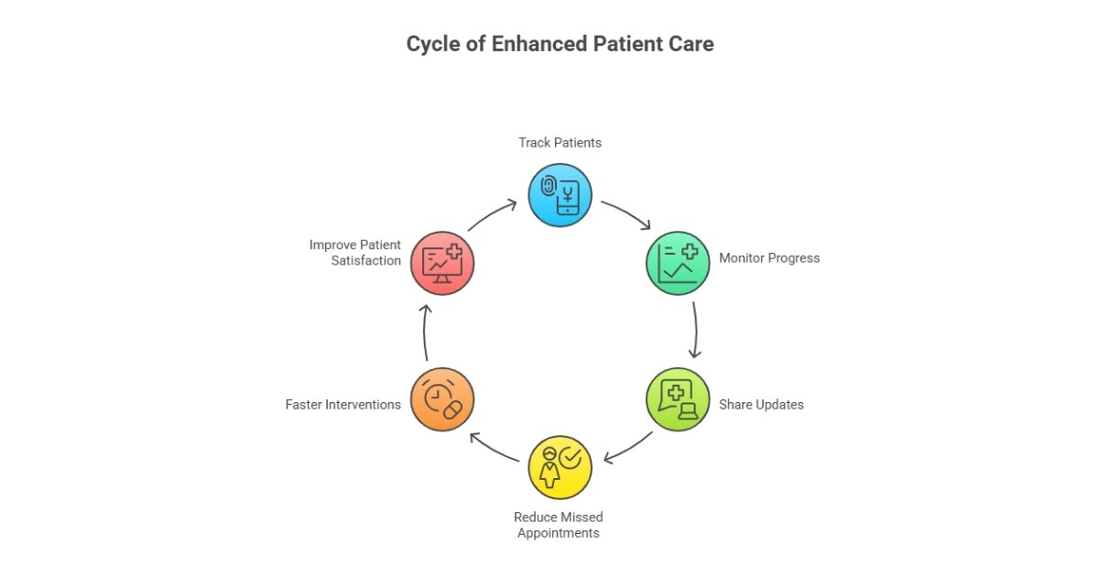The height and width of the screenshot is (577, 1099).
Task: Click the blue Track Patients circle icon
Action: click(x=560, y=195)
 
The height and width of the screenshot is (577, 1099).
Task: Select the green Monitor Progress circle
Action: click(x=679, y=263)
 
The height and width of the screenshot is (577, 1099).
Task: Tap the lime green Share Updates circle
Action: click(x=679, y=399)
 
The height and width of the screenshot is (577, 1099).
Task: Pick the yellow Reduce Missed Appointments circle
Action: click(x=560, y=467)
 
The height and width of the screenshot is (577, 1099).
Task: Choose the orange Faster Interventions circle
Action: click(x=442, y=399)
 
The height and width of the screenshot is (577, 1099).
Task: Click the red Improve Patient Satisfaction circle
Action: click(x=442, y=263)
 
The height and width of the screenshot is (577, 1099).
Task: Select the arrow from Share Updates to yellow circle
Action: click(x=628, y=448)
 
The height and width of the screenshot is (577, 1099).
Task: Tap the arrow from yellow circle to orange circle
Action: click(x=494, y=448)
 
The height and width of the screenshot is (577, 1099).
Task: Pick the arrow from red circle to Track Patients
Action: click(x=493, y=214)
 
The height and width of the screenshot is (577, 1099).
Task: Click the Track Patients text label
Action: click(x=560, y=143)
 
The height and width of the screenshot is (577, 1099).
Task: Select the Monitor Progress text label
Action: click(x=768, y=258)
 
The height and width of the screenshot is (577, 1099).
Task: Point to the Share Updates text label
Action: click(x=761, y=404)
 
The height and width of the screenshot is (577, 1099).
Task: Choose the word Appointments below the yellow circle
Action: click(x=559, y=533)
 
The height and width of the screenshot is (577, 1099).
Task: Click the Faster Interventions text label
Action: click(x=343, y=404)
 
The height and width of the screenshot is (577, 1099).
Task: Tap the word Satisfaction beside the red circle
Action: click(x=366, y=260)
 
